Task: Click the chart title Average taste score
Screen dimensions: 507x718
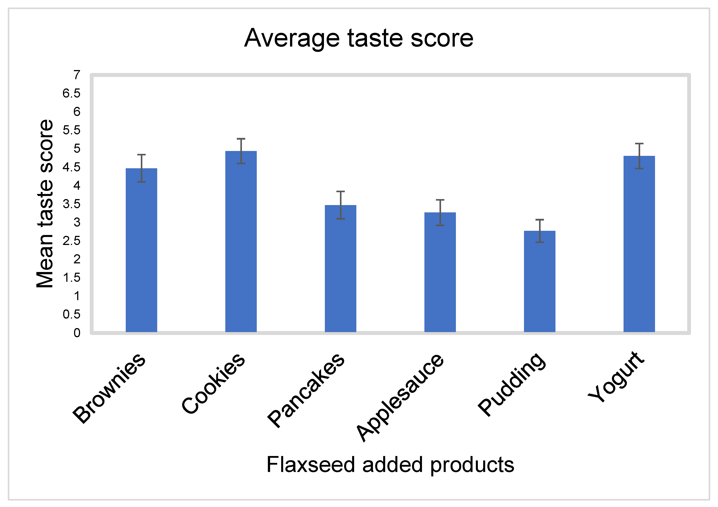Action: [359, 38]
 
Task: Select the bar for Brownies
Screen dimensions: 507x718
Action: [141, 250]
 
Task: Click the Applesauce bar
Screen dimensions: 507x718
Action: [440, 272]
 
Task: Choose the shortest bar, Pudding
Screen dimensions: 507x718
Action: [539, 281]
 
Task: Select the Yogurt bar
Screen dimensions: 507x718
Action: [639, 244]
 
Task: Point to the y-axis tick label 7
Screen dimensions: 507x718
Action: [77, 75]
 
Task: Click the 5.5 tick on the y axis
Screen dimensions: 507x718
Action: [71, 130]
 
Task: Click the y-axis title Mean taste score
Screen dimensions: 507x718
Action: [45, 204]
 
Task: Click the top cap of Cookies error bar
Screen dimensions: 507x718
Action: [241, 139]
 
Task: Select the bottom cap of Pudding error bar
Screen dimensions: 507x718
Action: [539, 242]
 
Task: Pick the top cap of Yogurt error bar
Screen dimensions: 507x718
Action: [639, 144]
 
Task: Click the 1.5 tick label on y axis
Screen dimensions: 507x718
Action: [71, 278]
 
